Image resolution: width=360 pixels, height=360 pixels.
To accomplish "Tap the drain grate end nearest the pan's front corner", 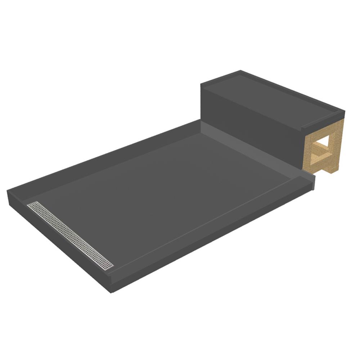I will tap(109, 267).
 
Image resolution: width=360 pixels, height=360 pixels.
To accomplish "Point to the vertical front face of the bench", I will tap(252, 126).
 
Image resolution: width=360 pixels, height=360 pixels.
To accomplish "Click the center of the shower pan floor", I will tap(162, 194).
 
